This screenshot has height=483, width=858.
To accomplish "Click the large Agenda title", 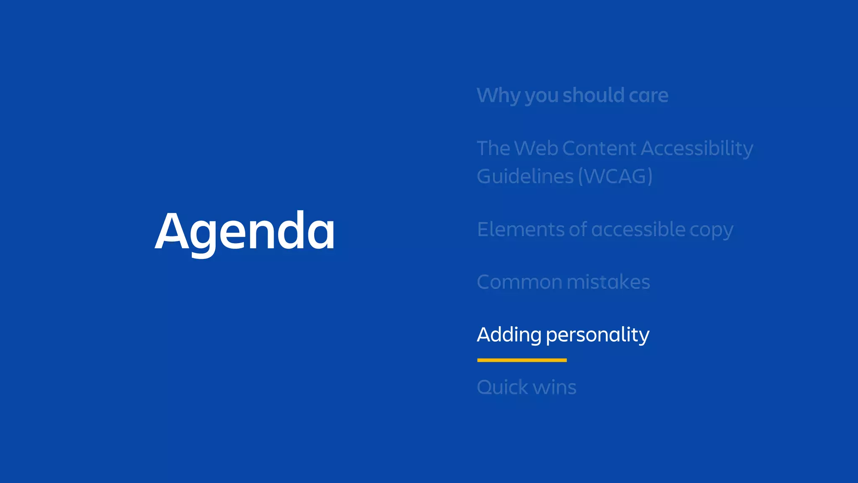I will click(x=245, y=231).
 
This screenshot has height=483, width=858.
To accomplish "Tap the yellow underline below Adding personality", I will click(x=522, y=360).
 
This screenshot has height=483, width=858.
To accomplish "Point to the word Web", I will click(x=535, y=148).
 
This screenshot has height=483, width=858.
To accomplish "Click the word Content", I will click(x=599, y=148).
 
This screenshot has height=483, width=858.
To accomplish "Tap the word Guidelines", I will click(x=525, y=176).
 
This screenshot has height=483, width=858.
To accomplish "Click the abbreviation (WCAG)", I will click(x=615, y=176).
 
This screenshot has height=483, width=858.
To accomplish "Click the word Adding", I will click(x=509, y=335).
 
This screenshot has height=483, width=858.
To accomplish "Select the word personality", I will click(x=597, y=335).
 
